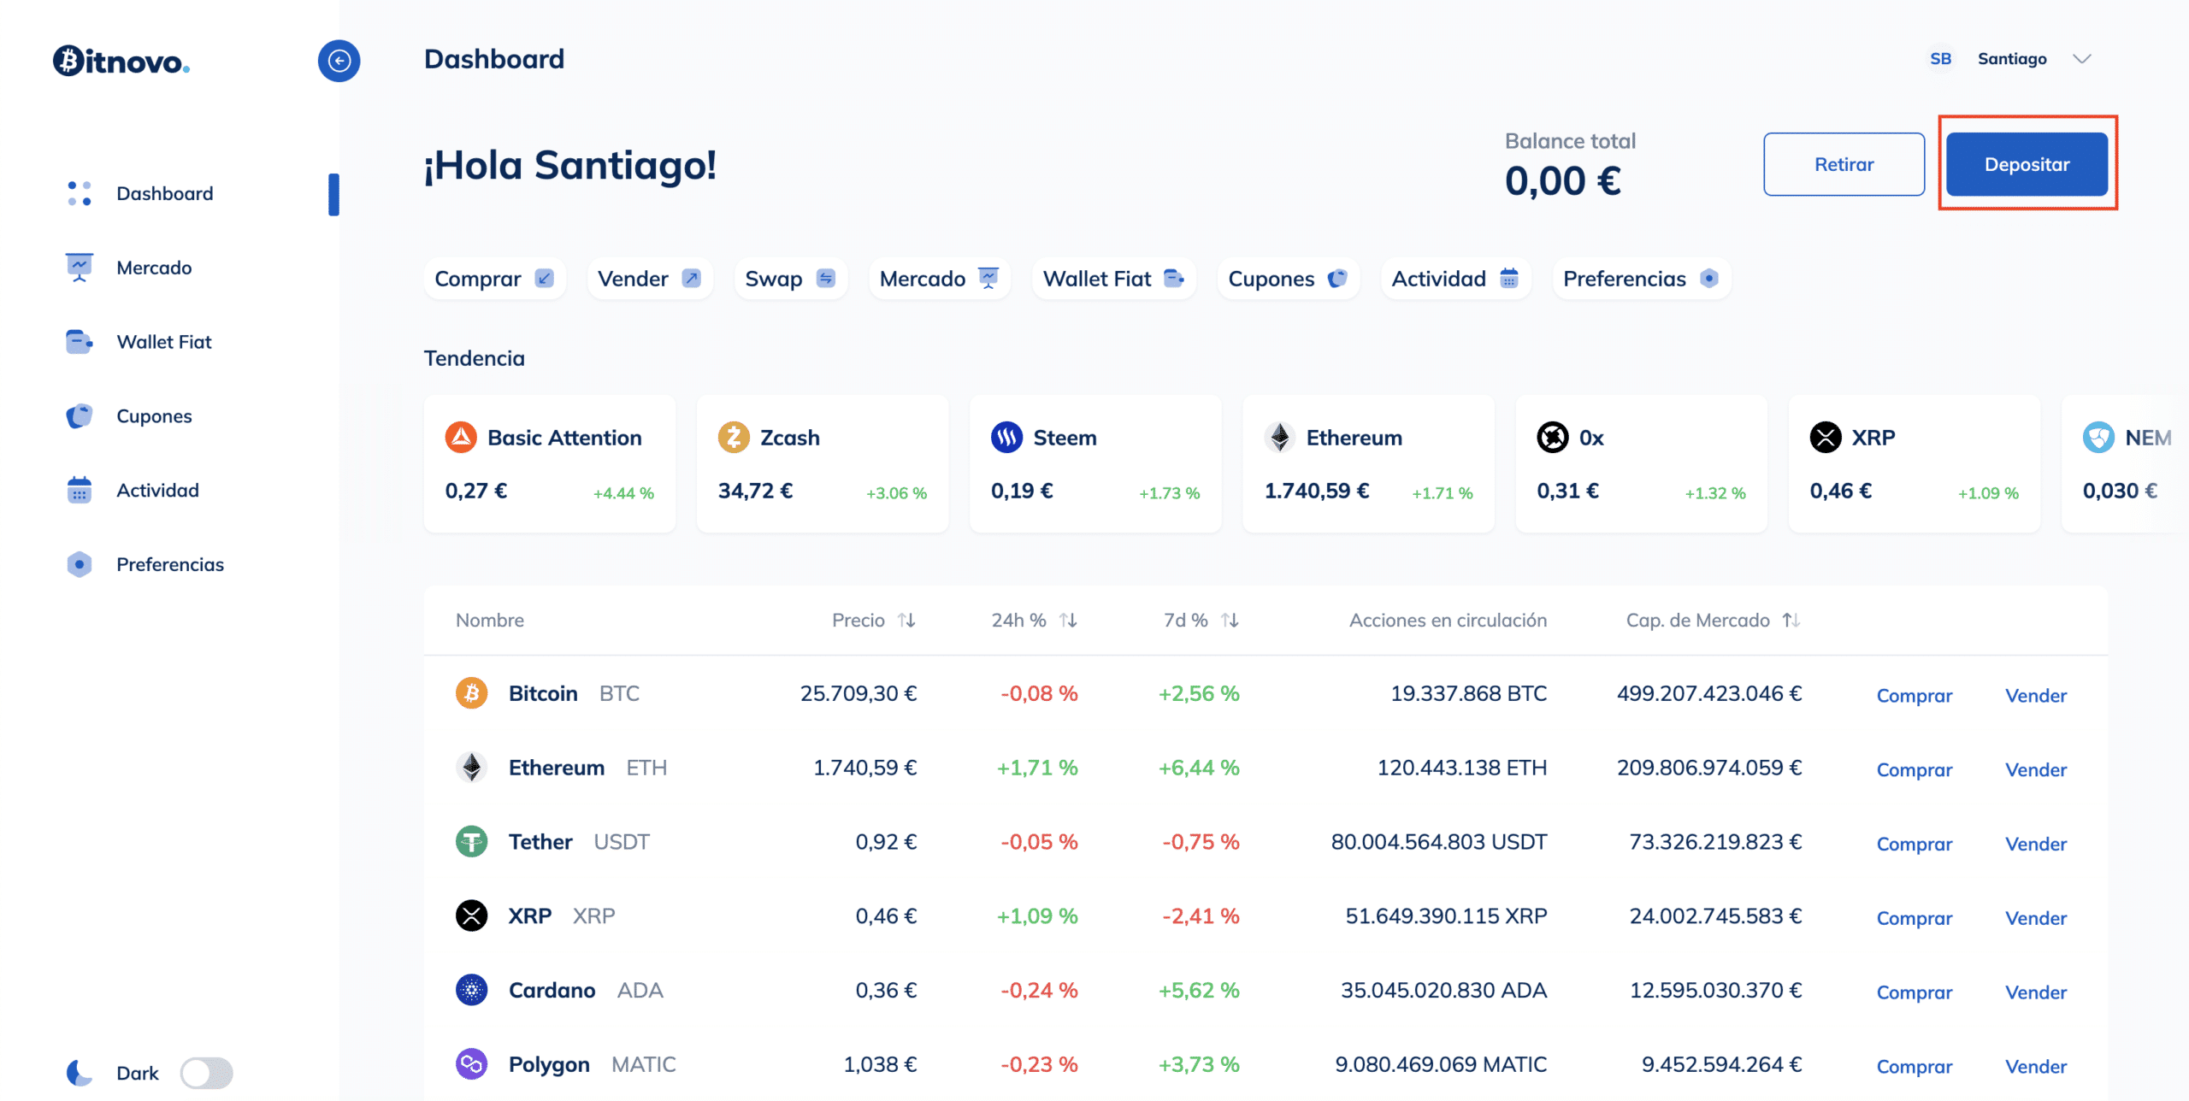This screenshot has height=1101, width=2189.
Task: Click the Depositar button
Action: click(2026, 164)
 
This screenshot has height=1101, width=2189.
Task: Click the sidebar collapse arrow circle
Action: click(339, 61)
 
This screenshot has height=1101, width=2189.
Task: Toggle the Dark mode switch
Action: click(206, 1073)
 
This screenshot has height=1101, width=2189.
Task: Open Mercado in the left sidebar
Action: click(154, 268)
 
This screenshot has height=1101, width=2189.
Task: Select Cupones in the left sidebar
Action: click(154, 416)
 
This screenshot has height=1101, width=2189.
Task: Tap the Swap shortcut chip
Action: click(789, 279)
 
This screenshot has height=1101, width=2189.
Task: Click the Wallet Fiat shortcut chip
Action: click(1112, 279)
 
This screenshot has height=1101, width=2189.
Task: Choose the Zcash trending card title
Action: click(789, 438)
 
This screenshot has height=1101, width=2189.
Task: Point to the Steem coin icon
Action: click(1006, 437)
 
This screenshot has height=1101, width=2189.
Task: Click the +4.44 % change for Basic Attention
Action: click(623, 493)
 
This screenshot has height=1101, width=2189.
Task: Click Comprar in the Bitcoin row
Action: click(1914, 696)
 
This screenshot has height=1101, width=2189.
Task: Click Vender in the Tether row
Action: click(2035, 844)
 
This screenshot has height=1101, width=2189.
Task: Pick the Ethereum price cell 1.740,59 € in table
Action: click(864, 768)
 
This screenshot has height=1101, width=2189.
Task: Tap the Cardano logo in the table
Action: click(471, 990)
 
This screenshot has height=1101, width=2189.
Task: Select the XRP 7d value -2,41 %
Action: click(1200, 916)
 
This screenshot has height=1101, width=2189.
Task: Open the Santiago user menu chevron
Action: click(2082, 59)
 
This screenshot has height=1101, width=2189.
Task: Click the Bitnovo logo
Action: click(121, 61)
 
